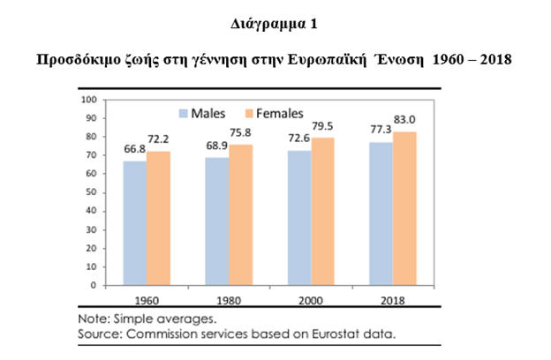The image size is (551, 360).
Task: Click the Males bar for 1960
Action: pyautogui.click(x=135, y=223)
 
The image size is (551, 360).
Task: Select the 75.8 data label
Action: pyautogui.click(x=241, y=136)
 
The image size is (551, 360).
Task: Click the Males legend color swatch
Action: pyautogui.click(x=185, y=113)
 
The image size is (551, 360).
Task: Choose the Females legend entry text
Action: pyautogui.click(x=280, y=113)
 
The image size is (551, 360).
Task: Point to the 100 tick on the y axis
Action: pyautogui.click(x=89, y=100)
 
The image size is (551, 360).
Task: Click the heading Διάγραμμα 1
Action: pyautogui.click(x=275, y=25)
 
